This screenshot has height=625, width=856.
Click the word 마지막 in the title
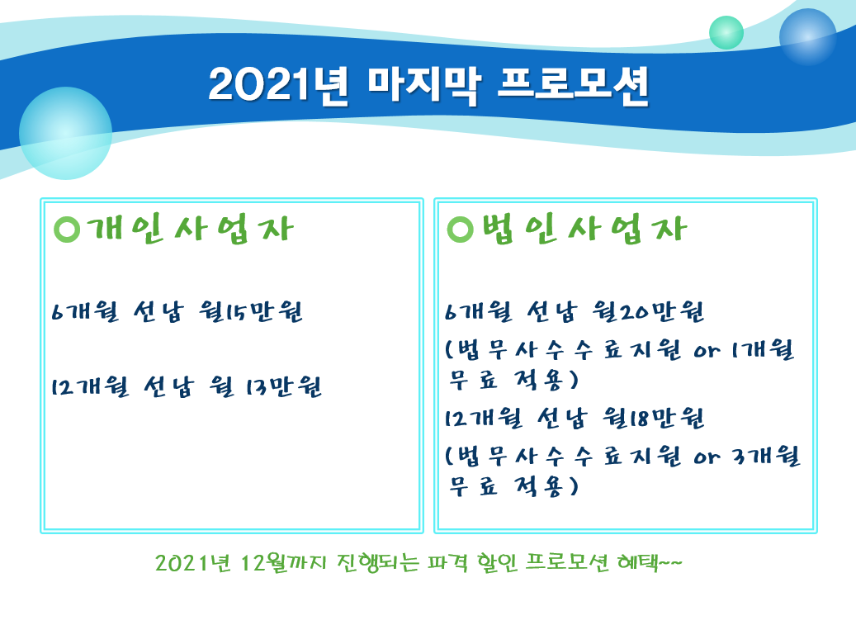424,86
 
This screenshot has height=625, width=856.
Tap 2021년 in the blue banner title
278,86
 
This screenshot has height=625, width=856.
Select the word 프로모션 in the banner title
573,86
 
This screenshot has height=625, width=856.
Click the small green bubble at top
726,33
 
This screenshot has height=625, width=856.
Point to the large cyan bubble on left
65,133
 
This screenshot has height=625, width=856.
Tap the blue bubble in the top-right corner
807,37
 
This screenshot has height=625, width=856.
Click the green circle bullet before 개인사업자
67,230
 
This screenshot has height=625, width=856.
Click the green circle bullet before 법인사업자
461,230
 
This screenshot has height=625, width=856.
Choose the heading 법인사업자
584,229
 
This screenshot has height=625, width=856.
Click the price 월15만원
251,311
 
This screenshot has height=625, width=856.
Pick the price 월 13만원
266,386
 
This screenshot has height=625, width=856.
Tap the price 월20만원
648,311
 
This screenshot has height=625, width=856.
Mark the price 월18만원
654,418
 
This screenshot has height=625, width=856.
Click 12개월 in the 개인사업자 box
91,386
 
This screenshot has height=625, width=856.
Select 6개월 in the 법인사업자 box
479,311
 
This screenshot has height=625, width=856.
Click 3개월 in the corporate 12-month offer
766,457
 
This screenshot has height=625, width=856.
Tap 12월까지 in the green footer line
283,562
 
